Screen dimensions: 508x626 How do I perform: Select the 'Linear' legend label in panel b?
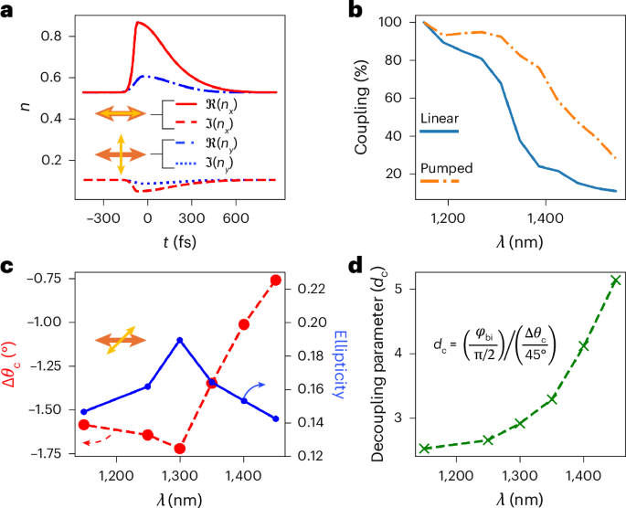[x=439, y=119]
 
